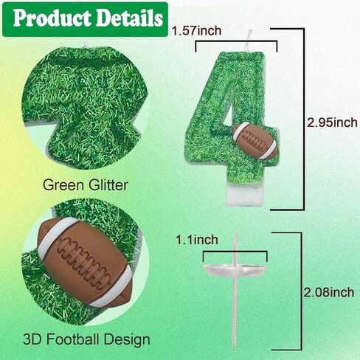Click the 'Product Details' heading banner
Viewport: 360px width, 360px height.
coord(85,19)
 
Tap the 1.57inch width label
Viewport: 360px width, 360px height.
coord(196,31)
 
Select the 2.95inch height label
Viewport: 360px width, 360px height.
coord(333,122)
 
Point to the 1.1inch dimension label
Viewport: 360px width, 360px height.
coord(197,240)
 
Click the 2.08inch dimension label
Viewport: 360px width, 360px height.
coord(329,292)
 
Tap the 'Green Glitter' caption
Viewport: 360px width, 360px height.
coord(86,184)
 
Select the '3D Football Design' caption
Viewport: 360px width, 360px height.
coord(86,339)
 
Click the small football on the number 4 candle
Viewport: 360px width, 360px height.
coord(255,141)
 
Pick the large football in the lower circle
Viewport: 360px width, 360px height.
coord(86,262)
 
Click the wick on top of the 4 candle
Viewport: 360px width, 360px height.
coord(249,41)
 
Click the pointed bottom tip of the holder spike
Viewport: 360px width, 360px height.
coord(235,350)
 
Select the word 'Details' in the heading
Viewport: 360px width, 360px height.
coord(129,18)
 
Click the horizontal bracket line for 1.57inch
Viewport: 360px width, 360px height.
coord(236,42)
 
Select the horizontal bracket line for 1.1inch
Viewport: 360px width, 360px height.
coord(235,252)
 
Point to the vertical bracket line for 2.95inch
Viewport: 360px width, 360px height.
coord(304,120)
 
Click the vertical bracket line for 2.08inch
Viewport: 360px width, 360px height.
coord(301,291)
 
